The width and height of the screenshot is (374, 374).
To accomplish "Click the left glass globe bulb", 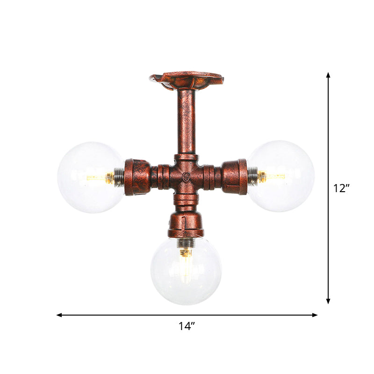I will [86, 178].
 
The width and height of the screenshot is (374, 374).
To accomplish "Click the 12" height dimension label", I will [342, 188].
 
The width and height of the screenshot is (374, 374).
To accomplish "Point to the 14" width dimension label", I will [187, 327].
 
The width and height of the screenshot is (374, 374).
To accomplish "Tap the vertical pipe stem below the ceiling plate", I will [187, 122].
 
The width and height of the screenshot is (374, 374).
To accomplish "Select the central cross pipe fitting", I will [187, 176].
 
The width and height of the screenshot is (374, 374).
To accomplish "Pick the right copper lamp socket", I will [234, 176].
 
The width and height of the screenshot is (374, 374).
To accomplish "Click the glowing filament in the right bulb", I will [273, 176].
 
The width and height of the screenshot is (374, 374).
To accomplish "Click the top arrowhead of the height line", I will [329, 74].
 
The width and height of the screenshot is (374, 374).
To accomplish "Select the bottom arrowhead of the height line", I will [329, 302].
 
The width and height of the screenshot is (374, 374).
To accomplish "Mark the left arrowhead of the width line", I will [59, 315].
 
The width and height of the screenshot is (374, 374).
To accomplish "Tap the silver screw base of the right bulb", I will [253, 176].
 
